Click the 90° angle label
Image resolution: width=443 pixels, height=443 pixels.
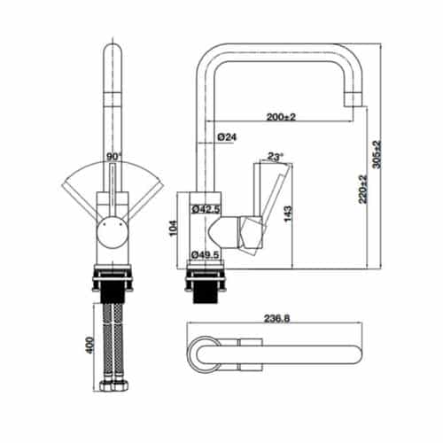click(113, 157)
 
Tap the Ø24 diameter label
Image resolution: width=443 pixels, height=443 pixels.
click(226, 137)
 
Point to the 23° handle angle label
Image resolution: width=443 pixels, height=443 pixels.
click(276, 157)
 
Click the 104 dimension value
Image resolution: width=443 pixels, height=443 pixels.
click(174, 229)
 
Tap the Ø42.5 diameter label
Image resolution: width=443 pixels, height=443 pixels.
click(206, 209)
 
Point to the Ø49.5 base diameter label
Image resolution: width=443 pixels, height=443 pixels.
click(206, 255)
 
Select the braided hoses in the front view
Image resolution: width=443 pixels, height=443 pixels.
click(113, 341)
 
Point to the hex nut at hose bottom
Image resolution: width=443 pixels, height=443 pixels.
click(113, 387)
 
